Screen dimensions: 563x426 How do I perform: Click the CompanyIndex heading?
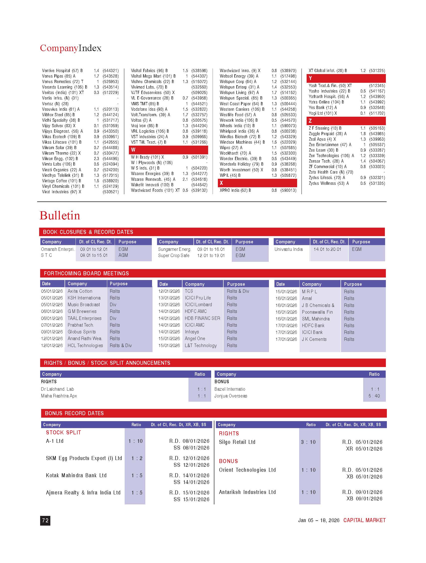(x=71, y=48)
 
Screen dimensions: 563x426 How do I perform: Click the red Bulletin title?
(x=60, y=216)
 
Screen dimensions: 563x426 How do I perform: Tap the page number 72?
(x=45, y=521)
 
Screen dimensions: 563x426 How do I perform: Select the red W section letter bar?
(x=168, y=150)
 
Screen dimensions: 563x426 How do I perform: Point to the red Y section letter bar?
(x=346, y=78)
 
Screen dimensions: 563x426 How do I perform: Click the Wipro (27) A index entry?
(x=231, y=148)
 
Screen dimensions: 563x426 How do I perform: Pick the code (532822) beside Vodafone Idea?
(x=199, y=109)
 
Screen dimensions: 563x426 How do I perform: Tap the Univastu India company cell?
(x=288, y=249)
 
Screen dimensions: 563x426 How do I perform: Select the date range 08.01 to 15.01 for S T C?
(x=94, y=255)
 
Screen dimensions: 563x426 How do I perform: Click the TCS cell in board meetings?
(x=189, y=291)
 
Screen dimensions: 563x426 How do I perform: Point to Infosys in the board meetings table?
(x=192, y=332)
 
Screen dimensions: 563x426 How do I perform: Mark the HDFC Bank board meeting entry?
(x=313, y=326)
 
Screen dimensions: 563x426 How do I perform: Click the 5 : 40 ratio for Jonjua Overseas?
(x=374, y=396)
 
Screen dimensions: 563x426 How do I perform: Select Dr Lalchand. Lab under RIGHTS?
(x=58, y=389)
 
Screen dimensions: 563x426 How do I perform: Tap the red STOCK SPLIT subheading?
(x=63, y=432)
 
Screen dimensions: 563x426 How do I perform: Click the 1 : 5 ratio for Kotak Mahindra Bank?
(x=137, y=475)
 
